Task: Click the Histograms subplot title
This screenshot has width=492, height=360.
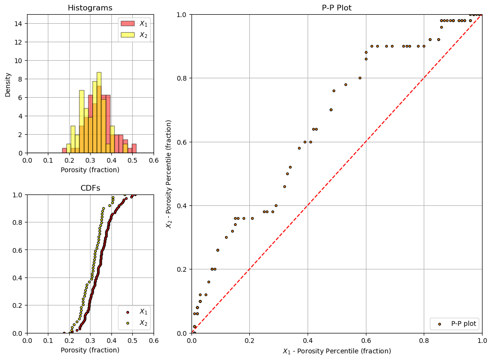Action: pos(90,8)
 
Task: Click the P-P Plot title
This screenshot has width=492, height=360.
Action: pos(337,8)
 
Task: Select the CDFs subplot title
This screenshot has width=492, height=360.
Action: pos(90,188)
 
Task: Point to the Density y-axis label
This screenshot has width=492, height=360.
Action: pos(8,84)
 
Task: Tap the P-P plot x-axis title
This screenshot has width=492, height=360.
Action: pos(337,351)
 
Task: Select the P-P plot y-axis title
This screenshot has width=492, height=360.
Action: pos(169,174)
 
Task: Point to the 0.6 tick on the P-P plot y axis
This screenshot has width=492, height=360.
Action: pos(182,142)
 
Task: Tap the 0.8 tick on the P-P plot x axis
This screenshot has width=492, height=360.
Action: pos(424,340)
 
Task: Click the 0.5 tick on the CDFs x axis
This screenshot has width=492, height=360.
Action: pos(132,340)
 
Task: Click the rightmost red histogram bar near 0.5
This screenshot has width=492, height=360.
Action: pos(134,148)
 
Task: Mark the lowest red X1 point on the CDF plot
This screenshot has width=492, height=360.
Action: pos(64,332)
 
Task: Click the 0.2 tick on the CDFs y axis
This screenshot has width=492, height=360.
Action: pos(18,305)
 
